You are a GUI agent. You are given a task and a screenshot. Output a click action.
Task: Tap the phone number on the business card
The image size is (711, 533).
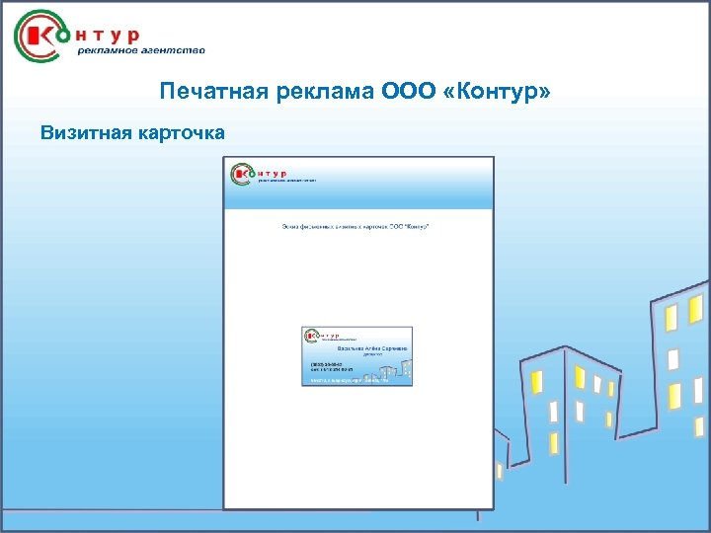327,364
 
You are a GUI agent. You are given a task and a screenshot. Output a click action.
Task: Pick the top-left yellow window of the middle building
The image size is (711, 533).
537,381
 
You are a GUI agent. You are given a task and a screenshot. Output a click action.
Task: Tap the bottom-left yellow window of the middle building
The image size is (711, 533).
554,443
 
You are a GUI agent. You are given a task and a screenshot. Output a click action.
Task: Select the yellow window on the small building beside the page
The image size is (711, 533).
499,471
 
